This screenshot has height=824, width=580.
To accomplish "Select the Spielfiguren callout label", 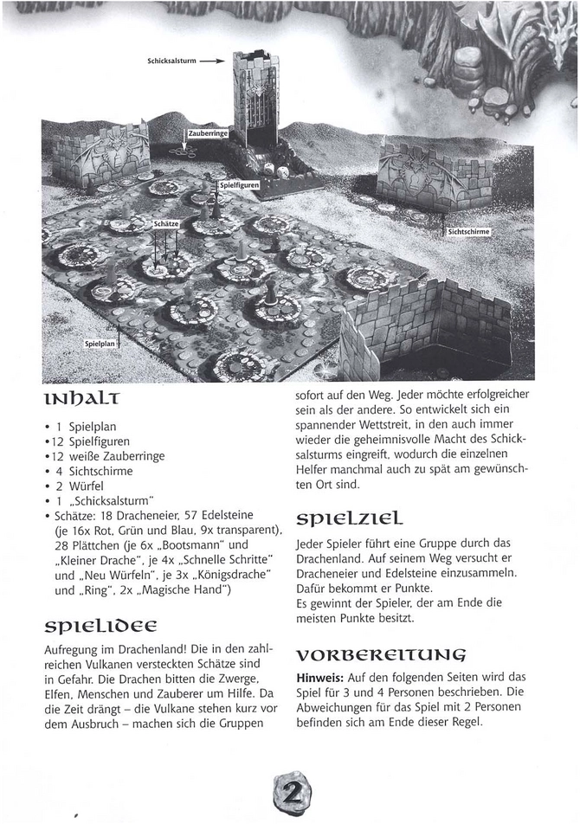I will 239,185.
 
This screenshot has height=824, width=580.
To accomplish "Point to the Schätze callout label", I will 165,223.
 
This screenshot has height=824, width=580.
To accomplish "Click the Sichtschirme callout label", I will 469,232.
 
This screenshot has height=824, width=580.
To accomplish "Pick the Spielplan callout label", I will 100,344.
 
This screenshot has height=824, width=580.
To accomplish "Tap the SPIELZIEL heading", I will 347,520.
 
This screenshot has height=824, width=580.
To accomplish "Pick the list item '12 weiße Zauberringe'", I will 112,456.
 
